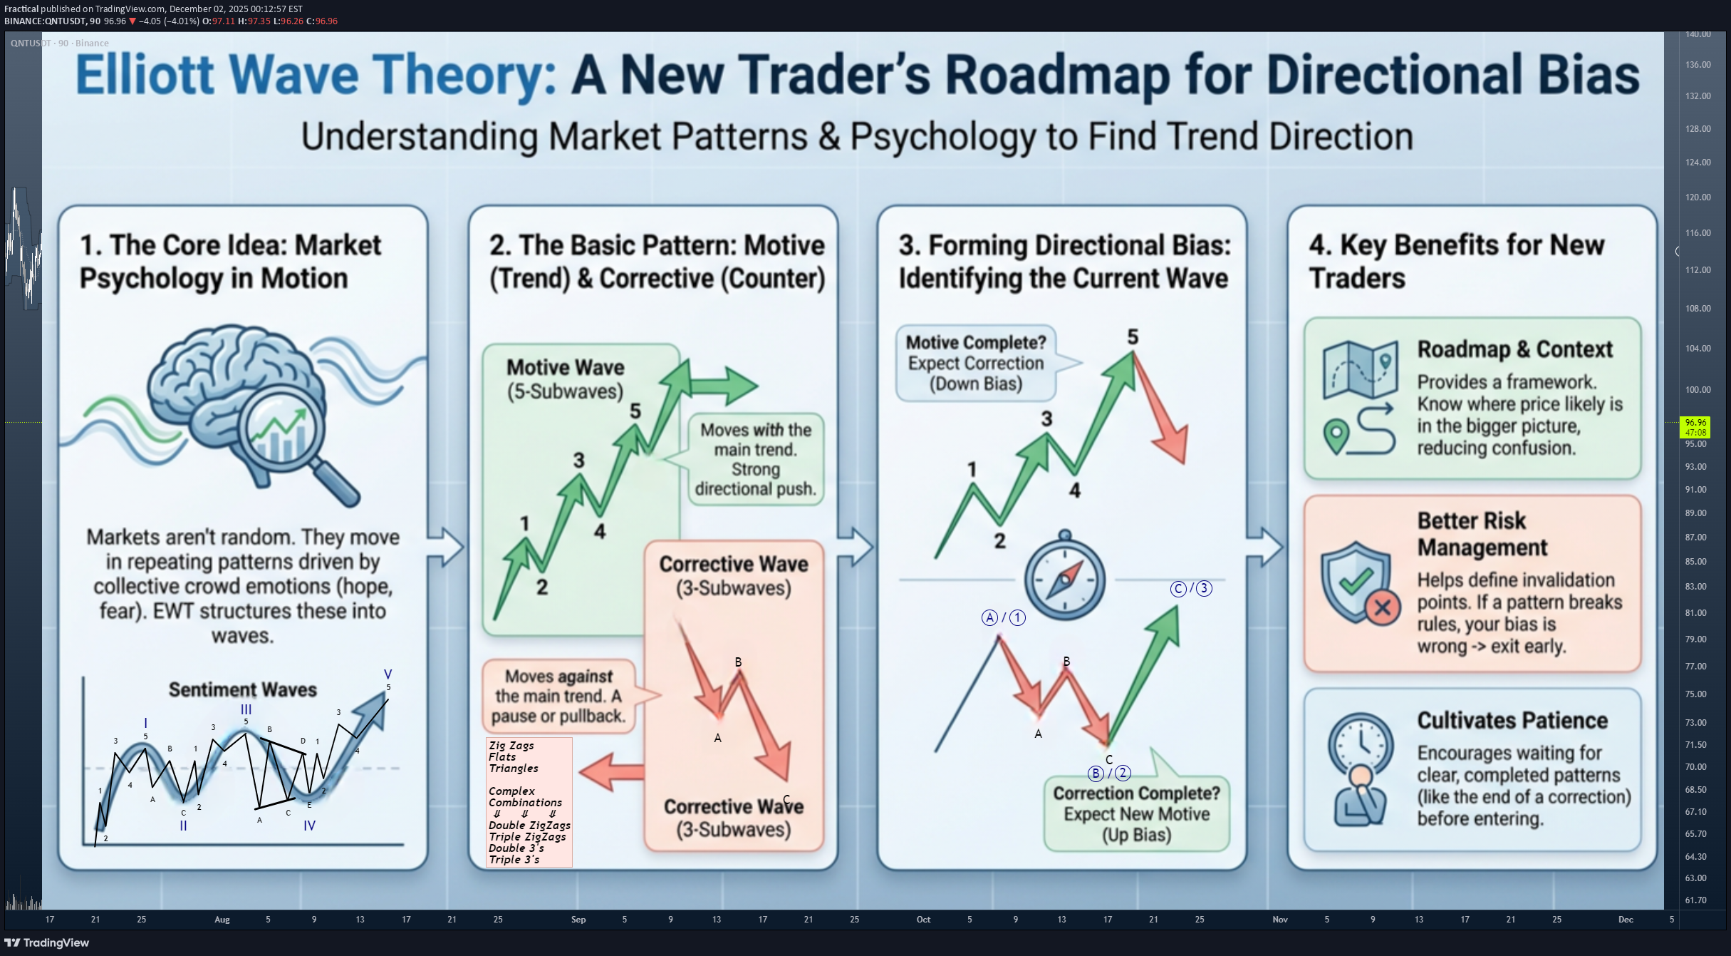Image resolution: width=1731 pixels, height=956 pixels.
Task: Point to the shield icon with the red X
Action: [x=1359, y=583]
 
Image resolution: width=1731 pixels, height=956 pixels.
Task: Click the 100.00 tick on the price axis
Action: [x=1698, y=390]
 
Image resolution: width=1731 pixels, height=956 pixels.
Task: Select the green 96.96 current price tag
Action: [x=1695, y=427]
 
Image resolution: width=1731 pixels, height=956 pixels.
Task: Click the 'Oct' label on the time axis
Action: [x=923, y=920]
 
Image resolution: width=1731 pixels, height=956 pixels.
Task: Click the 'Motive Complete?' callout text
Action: [x=976, y=343]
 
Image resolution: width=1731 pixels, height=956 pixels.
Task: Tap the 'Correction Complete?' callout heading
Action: [x=1136, y=793]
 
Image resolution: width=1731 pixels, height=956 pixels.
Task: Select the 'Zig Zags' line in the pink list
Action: [x=511, y=746]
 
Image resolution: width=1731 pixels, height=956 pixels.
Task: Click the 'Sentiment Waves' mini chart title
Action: [x=243, y=690]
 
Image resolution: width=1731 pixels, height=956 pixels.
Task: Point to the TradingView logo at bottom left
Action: [x=47, y=942]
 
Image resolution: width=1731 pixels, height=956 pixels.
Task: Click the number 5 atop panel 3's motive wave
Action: [x=1133, y=337]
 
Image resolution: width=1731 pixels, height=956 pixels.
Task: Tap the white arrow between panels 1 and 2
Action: [x=445, y=548]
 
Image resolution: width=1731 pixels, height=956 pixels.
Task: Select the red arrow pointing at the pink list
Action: [x=612, y=771]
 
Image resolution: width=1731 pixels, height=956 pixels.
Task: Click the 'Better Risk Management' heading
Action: [x=1482, y=534]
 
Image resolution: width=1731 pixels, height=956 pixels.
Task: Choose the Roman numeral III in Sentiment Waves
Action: [x=246, y=710]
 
